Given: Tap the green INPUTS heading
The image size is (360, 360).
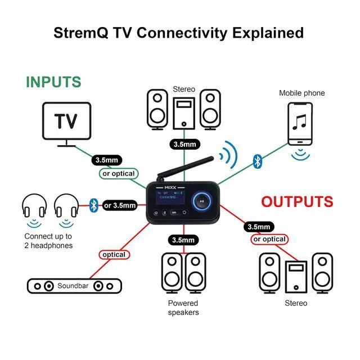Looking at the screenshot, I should (53, 82).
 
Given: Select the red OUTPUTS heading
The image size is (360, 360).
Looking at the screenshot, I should (296, 201).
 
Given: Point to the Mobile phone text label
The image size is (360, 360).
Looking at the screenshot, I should (302, 93).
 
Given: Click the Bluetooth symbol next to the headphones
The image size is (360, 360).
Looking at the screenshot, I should (94, 205).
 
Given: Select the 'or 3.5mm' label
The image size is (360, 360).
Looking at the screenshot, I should (120, 205).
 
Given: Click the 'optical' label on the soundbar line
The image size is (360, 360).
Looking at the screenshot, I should (114, 255).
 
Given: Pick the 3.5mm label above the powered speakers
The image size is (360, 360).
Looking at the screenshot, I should (183, 240).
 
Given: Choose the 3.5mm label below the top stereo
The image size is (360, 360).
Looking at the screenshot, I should (184, 145).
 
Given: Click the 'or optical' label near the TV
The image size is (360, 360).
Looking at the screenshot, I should (118, 174).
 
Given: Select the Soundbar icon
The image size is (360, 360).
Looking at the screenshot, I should (75, 286).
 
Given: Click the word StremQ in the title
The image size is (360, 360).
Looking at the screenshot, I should (80, 32).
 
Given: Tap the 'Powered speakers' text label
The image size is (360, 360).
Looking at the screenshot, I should (183, 308).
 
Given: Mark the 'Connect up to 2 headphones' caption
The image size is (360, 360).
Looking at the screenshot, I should (48, 241).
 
